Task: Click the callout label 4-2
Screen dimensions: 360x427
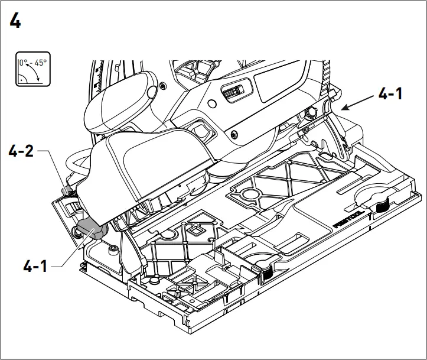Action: pos(22,153)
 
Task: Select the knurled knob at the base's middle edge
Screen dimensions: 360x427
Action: pos(266,271)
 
